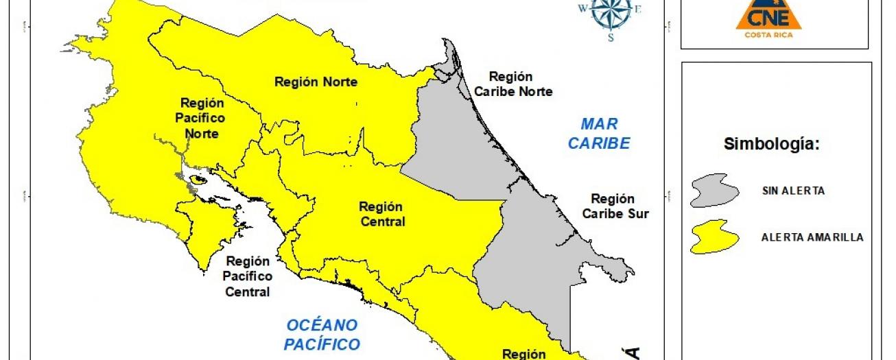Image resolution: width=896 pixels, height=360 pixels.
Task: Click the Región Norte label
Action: pyautogui.click(x=316, y=82)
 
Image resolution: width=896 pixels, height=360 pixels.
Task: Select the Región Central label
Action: pyautogui.click(x=381, y=214)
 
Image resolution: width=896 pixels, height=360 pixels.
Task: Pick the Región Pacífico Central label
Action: pyautogui.click(x=247, y=276)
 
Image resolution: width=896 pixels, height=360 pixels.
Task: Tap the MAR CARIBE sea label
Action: pyautogui.click(x=599, y=134)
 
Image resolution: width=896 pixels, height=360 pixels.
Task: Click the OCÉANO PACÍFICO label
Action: pyautogui.click(x=322, y=334)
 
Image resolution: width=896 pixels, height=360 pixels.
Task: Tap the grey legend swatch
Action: pyautogui.click(x=714, y=190)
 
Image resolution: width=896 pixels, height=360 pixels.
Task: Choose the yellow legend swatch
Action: pyautogui.click(x=714, y=237)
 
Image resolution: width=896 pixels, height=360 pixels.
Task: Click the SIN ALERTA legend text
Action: pyautogui.click(x=793, y=191)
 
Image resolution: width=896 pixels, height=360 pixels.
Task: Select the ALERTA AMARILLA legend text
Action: pyautogui.click(x=812, y=237)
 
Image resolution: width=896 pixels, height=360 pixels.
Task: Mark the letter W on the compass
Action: pyautogui.click(x=583, y=9)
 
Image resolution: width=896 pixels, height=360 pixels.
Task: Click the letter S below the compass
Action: pyautogui.click(x=610, y=38)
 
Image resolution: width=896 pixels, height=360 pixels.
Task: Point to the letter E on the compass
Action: pyautogui.click(x=637, y=9)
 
